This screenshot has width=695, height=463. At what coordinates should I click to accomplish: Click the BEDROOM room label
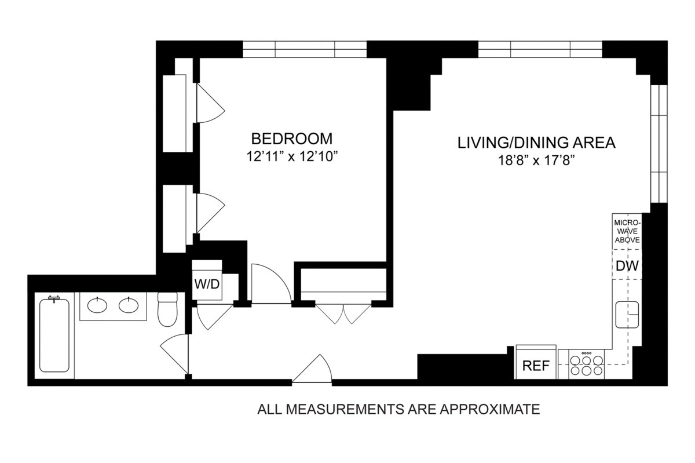click(x=291, y=139)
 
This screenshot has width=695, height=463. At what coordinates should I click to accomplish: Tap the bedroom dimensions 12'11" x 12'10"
click(x=291, y=156)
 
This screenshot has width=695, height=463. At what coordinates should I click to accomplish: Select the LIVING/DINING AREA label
click(x=536, y=143)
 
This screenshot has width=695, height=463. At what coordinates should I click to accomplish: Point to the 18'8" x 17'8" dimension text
click(x=536, y=159)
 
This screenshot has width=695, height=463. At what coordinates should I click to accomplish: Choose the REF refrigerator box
click(x=536, y=366)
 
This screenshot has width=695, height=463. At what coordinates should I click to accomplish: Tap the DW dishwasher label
click(x=627, y=266)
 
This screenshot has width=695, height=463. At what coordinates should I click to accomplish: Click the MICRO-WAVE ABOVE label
click(x=627, y=231)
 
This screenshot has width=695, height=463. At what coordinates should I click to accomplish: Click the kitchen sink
click(x=627, y=315)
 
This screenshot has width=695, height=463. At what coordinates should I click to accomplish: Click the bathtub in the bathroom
click(x=54, y=335)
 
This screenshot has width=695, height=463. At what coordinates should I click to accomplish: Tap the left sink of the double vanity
click(x=98, y=305)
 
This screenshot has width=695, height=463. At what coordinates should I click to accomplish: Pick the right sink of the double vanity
click(x=129, y=305)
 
